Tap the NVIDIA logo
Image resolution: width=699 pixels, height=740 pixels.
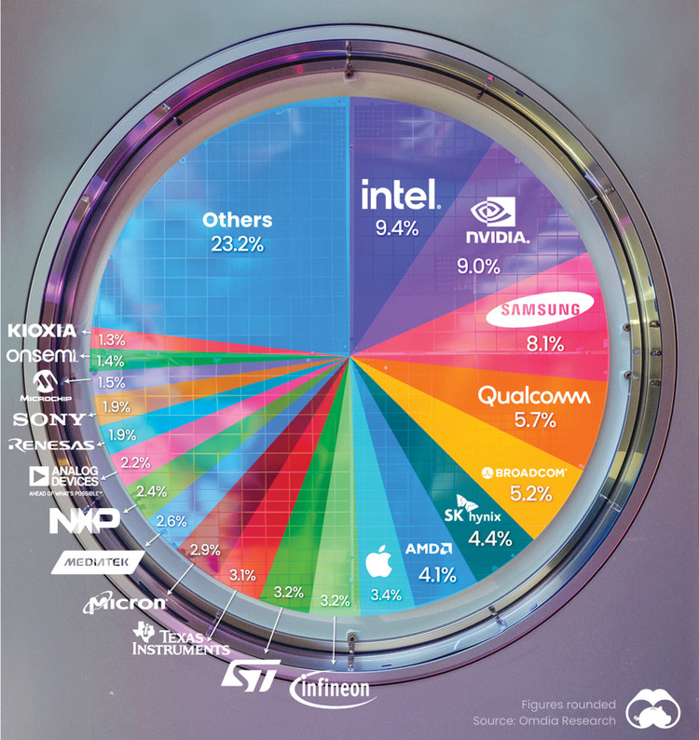pyautogui.click(x=500, y=223)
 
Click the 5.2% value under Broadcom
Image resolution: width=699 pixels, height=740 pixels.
pyautogui.click(x=523, y=494)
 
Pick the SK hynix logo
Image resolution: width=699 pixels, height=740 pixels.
pyautogui.click(x=472, y=515)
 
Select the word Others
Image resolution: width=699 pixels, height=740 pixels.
pyautogui.click(x=238, y=220)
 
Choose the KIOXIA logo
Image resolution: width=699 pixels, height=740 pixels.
pyautogui.click(x=43, y=331)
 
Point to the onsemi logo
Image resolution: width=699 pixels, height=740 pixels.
pyautogui.click(x=39, y=356)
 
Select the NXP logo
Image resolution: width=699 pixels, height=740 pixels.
pyautogui.click(x=85, y=518)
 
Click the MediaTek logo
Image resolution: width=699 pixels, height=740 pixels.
pyautogui.click(x=99, y=561)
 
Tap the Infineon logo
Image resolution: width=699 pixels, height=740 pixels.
pyautogui.click(x=333, y=689)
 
